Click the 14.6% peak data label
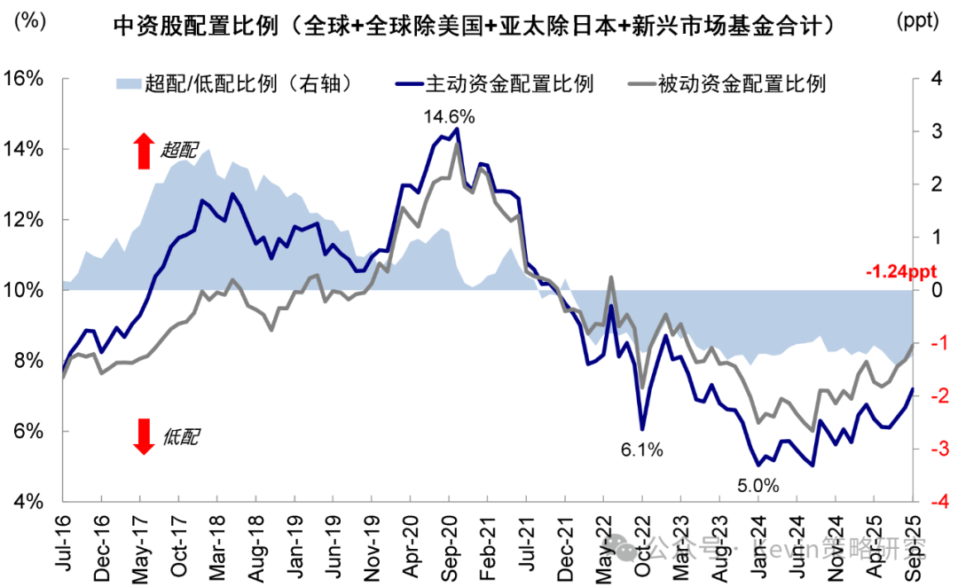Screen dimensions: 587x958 coord(450,116)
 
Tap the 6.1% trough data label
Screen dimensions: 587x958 coord(641,450)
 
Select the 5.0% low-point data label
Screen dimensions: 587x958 coord(758,485)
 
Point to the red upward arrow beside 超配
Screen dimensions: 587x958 coord(143,151)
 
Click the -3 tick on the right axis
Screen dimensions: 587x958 coord(934,450)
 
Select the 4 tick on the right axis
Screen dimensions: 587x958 coord(935,79)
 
